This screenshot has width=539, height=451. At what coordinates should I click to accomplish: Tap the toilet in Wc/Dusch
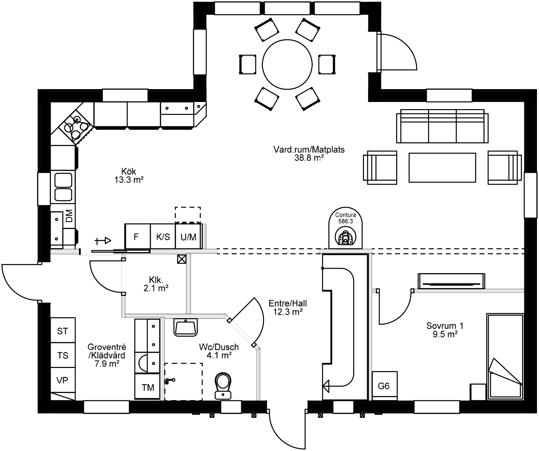tap(223, 386)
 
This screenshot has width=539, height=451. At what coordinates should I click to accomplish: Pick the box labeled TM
tap(148, 387)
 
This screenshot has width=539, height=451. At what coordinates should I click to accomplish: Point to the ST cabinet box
tap(63, 331)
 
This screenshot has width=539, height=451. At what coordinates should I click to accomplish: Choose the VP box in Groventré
tap(63, 380)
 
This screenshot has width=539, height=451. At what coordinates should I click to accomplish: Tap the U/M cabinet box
tap(189, 237)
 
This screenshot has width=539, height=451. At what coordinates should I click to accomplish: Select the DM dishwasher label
tap(69, 216)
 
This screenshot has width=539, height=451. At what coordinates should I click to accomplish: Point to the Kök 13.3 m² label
tap(129, 175)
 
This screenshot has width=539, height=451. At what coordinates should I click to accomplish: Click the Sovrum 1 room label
tap(445, 329)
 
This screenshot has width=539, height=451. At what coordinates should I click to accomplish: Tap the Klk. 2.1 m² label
tap(156, 284)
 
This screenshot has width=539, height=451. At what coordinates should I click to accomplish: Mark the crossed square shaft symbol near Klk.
tap(182, 259)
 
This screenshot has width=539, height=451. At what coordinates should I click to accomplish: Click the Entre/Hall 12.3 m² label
tap(288, 307)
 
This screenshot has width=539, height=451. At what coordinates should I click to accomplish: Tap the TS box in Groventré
tap(63, 355)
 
